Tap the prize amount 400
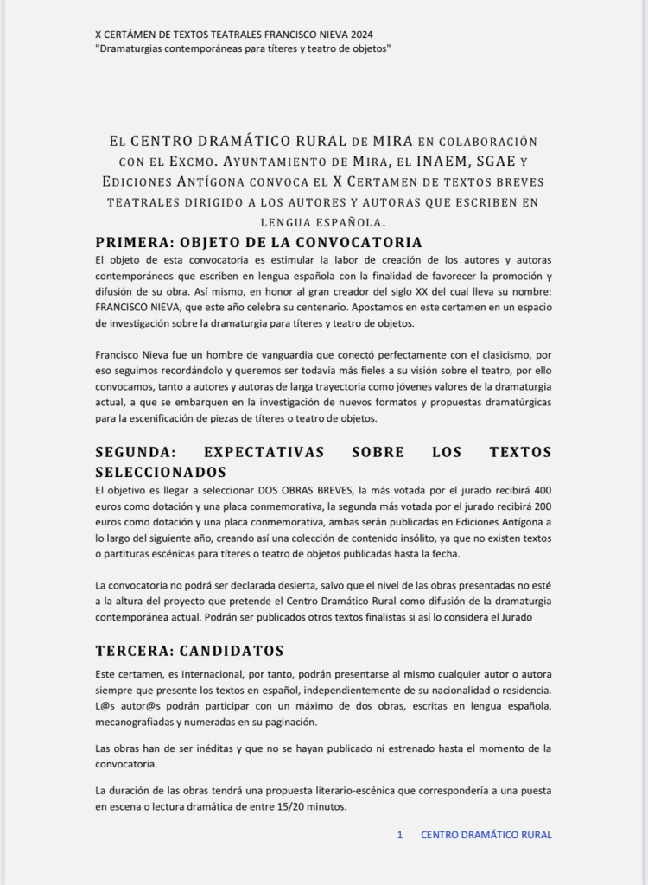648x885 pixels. click(541, 490)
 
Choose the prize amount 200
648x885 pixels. click(541, 506)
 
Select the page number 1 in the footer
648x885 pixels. click(400, 835)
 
